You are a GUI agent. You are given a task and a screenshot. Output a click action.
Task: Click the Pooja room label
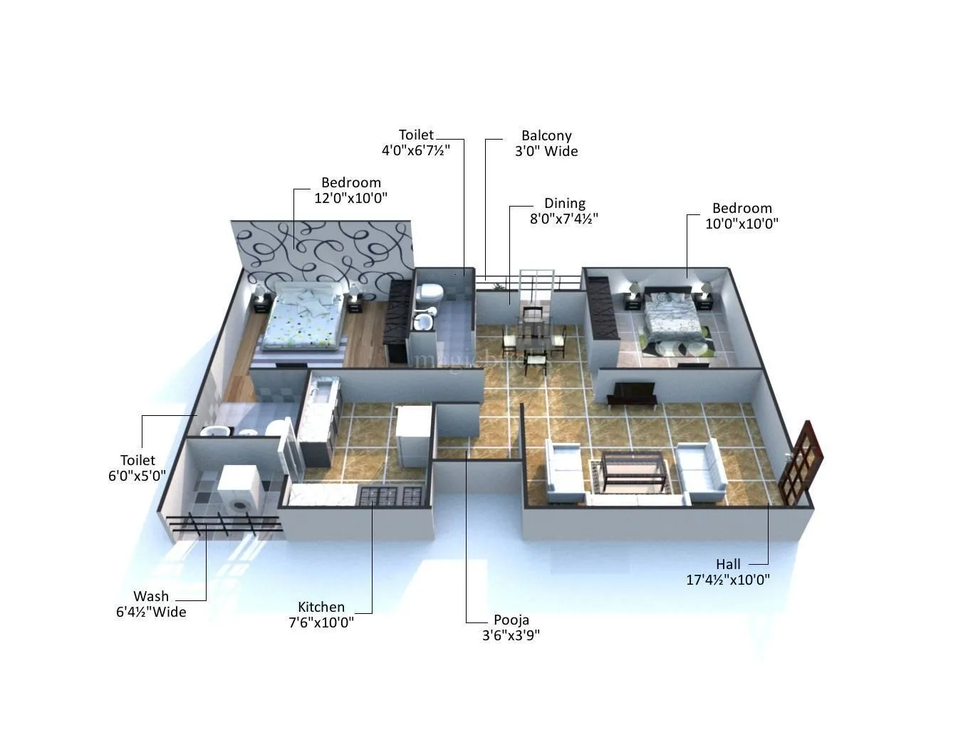click(511, 620)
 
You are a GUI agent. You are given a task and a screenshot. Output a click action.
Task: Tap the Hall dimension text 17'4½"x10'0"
click(727, 580)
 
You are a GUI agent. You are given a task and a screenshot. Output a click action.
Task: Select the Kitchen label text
click(321, 607)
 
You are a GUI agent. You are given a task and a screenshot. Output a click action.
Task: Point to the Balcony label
click(546, 135)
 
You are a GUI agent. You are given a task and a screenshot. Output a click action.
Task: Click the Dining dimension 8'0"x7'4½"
click(563, 219)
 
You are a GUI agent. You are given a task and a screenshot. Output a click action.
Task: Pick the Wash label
click(151, 596)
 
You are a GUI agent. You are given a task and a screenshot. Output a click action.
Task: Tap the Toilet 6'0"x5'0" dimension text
click(137, 476)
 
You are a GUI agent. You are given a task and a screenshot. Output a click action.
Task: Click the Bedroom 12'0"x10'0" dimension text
click(350, 198)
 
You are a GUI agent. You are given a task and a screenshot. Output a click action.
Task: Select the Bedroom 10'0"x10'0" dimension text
click(742, 224)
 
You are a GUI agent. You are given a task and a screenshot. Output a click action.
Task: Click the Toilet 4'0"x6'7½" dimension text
click(416, 150)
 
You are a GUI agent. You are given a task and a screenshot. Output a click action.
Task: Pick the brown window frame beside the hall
click(801, 463)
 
